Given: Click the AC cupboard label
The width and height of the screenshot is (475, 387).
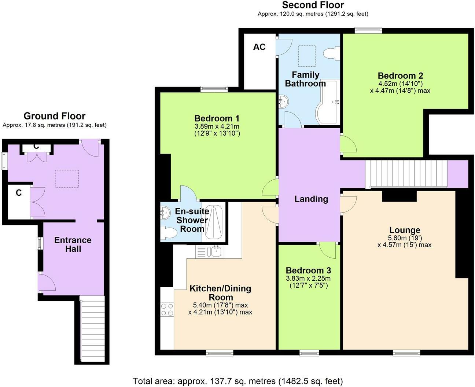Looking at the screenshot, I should pos(259,47).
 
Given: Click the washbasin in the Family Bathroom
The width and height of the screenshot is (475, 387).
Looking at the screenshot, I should pos(283,100).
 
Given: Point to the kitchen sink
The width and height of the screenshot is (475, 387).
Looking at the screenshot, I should pos(214,251).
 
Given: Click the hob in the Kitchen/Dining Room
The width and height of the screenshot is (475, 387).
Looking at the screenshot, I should pos(167,309).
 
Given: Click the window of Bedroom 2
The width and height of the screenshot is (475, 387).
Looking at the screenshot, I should pos(368,30).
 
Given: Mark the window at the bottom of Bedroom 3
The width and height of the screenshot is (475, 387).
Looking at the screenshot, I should pos(309,353).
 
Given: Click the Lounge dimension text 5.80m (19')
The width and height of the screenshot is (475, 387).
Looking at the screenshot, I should pos(404,237).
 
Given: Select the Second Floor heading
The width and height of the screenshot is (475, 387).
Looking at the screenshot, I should pos(313,5).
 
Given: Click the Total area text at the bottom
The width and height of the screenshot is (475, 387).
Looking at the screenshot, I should pos(237,381).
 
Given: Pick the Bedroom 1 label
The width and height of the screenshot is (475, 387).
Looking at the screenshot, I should pos(217,118).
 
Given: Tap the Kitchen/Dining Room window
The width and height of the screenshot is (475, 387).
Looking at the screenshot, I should pos(220,353).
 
